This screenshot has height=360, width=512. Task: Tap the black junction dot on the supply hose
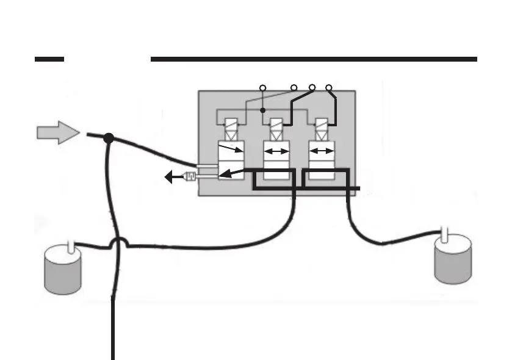(x=109, y=139)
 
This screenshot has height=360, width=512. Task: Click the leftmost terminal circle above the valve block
(x=262, y=88)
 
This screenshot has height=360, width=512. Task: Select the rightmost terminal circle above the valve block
(x=329, y=88)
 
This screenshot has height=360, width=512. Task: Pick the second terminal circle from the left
(x=294, y=88)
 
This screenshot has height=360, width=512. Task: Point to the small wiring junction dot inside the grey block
(x=262, y=111)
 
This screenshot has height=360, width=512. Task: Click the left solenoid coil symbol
(x=231, y=130)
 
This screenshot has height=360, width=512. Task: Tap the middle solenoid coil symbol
(x=275, y=130)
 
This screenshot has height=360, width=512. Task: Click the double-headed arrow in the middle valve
(x=275, y=151)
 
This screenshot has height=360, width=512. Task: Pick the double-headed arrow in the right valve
(x=321, y=151)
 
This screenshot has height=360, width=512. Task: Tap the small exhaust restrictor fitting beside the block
(x=189, y=178)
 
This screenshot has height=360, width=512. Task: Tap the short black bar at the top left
(x=49, y=59)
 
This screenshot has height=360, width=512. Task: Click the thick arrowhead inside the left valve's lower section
(x=225, y=174)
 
